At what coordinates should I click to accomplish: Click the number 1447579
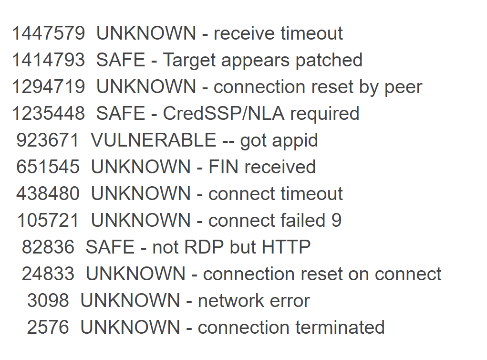[48, 33]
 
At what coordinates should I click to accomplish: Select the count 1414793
[48, 60]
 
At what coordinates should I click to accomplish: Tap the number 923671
[48, 140]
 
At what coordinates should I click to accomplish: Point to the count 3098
[48, 301]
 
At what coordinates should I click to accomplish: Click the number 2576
[48, 328]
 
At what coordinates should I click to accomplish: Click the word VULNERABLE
[154, 140]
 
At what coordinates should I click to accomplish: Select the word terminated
[340, 328]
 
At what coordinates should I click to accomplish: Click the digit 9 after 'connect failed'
[336, 221]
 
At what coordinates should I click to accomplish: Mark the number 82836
[48, 247]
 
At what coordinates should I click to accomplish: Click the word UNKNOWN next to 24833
[135, 274]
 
